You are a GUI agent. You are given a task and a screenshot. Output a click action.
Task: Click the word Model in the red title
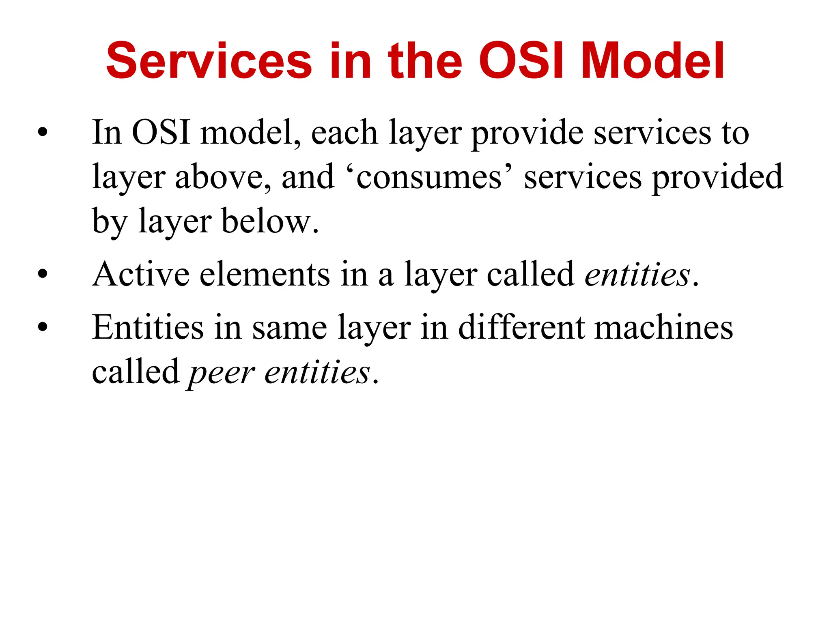[652, 62]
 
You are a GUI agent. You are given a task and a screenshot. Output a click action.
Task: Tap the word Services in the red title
[209, 62]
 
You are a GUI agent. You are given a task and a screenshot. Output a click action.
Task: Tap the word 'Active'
[140, 275]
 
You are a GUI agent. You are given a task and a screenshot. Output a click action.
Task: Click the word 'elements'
[265, 275]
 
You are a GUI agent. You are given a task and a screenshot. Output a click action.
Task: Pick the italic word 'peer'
[221, 372]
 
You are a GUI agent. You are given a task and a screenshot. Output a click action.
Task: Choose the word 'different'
[521, 327]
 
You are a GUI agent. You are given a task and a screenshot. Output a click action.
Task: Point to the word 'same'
[289, 328]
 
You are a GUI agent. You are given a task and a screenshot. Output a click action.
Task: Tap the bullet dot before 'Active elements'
[42, 275]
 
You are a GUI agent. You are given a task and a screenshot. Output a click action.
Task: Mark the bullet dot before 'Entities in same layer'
[42, 327]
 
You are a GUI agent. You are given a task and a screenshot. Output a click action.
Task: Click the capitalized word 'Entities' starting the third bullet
[148, 327]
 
